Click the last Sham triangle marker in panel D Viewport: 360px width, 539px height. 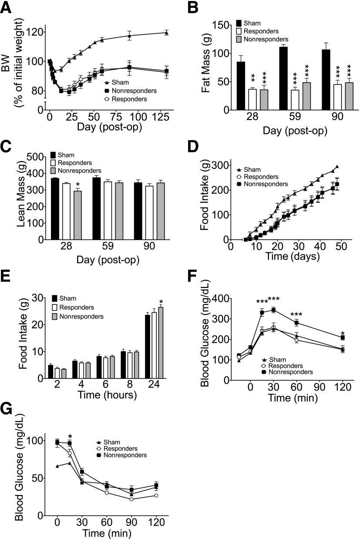336,166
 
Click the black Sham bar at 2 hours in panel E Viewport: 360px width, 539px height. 50,372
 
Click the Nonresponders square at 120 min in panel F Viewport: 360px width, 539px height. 343,338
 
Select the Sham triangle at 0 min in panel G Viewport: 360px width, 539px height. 57,466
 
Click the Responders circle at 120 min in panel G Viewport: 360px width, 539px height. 156,495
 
